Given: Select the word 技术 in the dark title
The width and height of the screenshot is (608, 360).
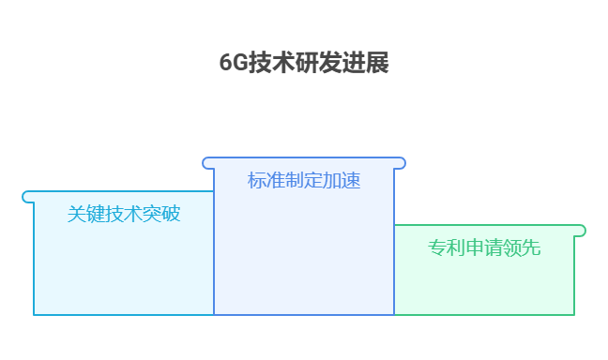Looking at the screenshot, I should pyautogui.click(x=270, y=63).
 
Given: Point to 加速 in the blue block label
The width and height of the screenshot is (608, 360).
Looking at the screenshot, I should pyautogui.click(x=342, y=181).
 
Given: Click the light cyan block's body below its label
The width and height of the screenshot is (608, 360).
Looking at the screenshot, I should pyautogui.click(x=123, y=272).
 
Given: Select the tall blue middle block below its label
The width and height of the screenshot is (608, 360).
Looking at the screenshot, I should pyautogui.click(x=304, y=253).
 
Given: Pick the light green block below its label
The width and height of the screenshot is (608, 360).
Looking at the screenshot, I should pyautogui.click(x=484, y=286).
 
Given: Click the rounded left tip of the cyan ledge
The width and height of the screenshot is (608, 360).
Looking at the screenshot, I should pyautogui.click(x=27, y=197).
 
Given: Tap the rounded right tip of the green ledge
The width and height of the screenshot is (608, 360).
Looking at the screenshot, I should pyautogui.click(x=581, y=231).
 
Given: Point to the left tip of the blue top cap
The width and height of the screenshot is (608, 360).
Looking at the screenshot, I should pyautogui.click(x=207, y=163).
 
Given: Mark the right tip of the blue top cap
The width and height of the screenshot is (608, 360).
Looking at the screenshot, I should pyautogui.click(x=401, y=163).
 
